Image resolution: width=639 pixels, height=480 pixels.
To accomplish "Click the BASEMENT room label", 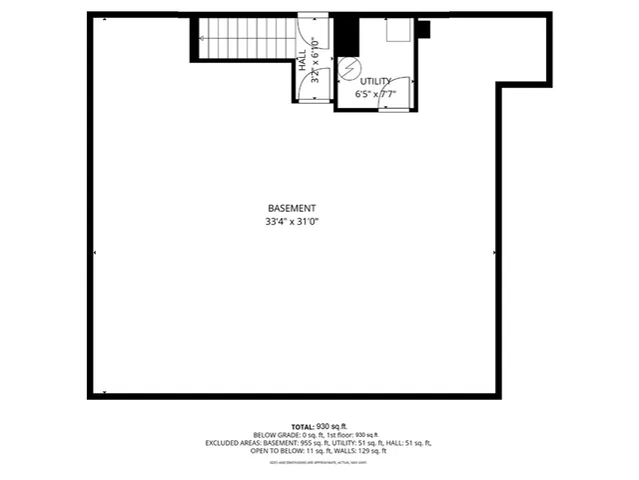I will click(292, 208).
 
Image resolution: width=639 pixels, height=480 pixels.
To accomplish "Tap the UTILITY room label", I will click(375, 81).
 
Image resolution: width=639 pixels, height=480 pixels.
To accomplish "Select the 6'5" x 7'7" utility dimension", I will click(375, 95).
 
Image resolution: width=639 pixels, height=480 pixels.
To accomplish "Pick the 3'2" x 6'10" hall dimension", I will click(315, 62).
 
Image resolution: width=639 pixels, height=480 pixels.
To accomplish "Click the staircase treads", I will click(245, 40).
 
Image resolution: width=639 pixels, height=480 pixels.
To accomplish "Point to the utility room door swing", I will click(395, 92).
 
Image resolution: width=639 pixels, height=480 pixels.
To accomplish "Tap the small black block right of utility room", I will click(422, 28).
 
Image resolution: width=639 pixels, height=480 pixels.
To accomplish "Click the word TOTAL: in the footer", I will click(304, 425).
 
